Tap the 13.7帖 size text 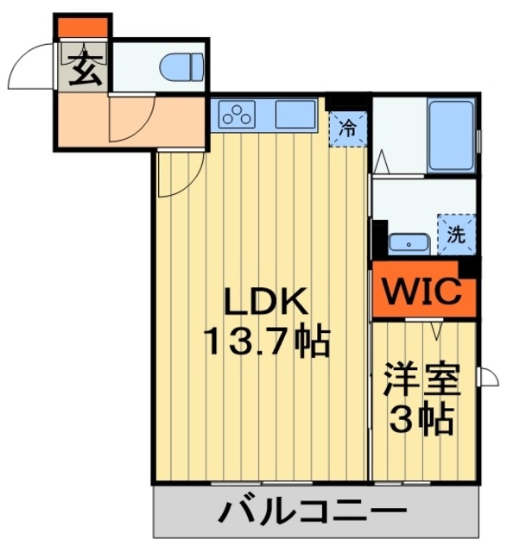click(266, 342)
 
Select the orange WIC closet click(424, 292)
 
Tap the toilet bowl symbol click(184, 63)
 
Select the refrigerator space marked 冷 click(347, 129)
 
